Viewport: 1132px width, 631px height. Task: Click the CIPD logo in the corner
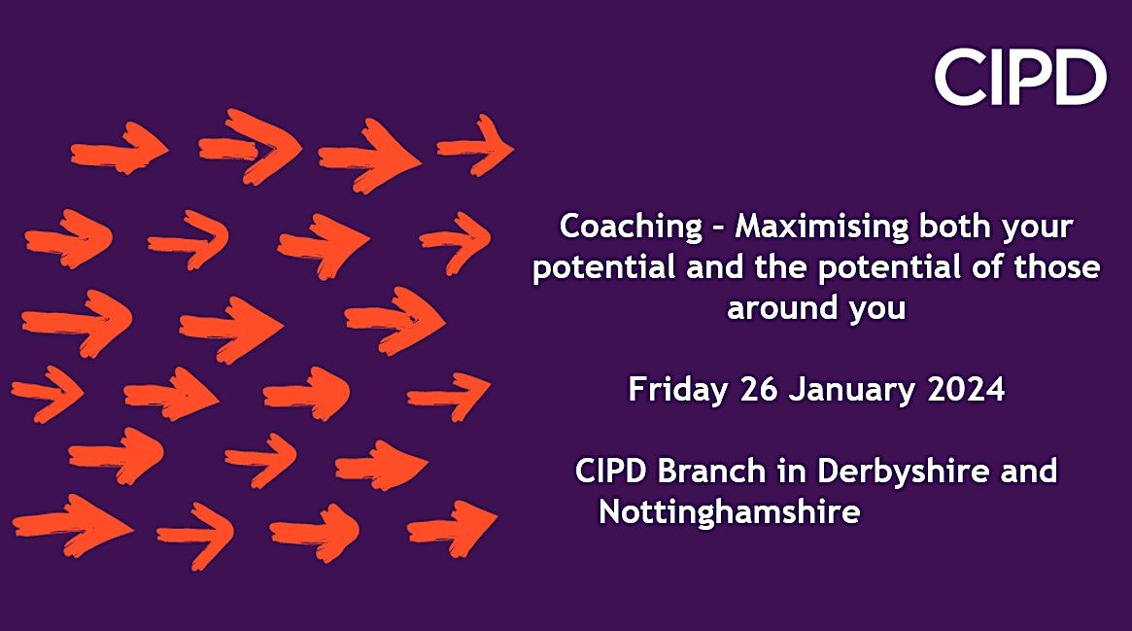point(1020,79)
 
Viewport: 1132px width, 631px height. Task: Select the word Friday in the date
point(677,390)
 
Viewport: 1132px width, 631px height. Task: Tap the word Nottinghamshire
point(729,511)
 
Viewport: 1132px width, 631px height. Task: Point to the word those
point(1061,267)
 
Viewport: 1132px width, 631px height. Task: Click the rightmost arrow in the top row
point(476,146)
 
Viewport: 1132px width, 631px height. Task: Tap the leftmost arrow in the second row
point(69,237)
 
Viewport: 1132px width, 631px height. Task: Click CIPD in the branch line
point(611,472)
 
